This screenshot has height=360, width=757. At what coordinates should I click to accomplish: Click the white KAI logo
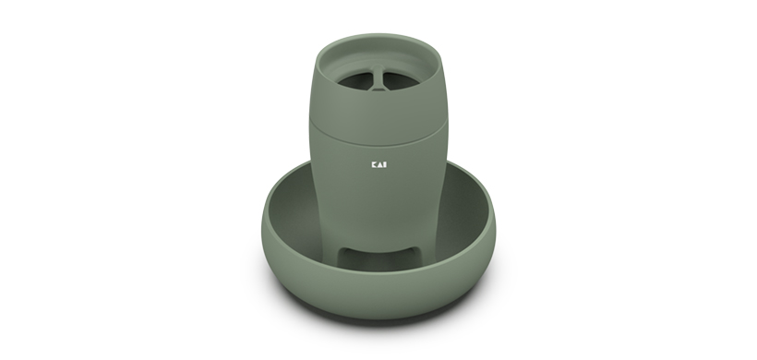[x=379, y=164]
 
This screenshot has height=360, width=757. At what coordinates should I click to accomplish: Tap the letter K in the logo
[x=374, y=164]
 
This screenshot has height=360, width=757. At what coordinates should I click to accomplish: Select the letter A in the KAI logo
[x=380, y=164]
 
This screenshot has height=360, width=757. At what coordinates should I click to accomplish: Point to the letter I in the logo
[x=385, y=164]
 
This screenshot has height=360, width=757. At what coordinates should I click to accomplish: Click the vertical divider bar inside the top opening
[x=378, y=78]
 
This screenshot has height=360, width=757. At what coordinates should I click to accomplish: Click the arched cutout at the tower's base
[x=379, y=257]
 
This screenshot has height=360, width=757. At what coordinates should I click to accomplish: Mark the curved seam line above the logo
[x=378, y=137]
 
